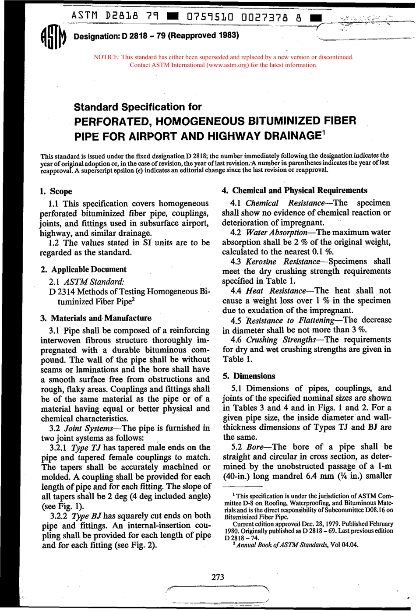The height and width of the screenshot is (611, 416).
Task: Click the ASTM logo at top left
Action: click(x=53, y=37)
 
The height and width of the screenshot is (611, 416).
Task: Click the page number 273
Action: click(x=218, y=577)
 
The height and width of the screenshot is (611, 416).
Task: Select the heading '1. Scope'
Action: click(x=56, y=191)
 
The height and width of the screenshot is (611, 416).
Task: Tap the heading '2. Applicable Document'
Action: click(x=83, y=269)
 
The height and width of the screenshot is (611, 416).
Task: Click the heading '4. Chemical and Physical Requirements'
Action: click(x=295, y=191)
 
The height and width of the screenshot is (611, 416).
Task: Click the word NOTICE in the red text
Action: click(x=106, y=57)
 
